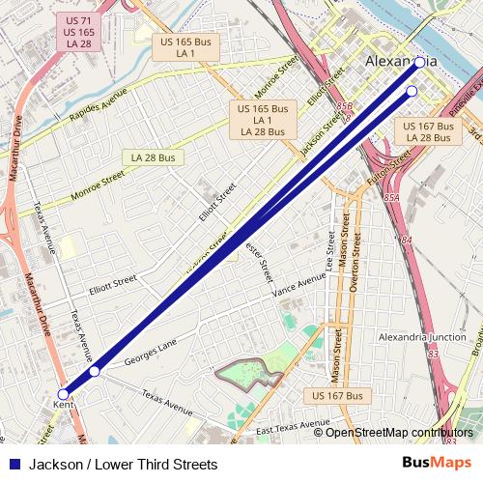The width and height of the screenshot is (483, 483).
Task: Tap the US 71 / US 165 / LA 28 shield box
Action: pyautogui.click(x=73, y=33)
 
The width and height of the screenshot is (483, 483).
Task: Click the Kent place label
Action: pyautogui.click(x=63, y=405)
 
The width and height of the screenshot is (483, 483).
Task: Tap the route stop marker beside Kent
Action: pyautogui.click(x=64, y=393)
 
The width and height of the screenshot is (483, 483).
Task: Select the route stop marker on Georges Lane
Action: pyautogui.click(x=95, y=371)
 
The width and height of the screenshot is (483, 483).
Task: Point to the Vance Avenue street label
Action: pyautogui.click(x=298, y=283)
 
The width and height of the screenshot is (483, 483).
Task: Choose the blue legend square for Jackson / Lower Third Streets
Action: pyautogui.click(x=14, y=464)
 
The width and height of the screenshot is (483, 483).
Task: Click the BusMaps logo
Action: pyautogui.click(x=436, y=464)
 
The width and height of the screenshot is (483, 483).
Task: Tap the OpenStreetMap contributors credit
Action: pyautogui.click(x=399, y=433)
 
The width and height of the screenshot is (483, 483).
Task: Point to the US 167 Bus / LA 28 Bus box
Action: pyautogui.click(x=426, y=132)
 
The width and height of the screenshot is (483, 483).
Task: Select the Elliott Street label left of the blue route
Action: pyautogui.click(x=114, y=285)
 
